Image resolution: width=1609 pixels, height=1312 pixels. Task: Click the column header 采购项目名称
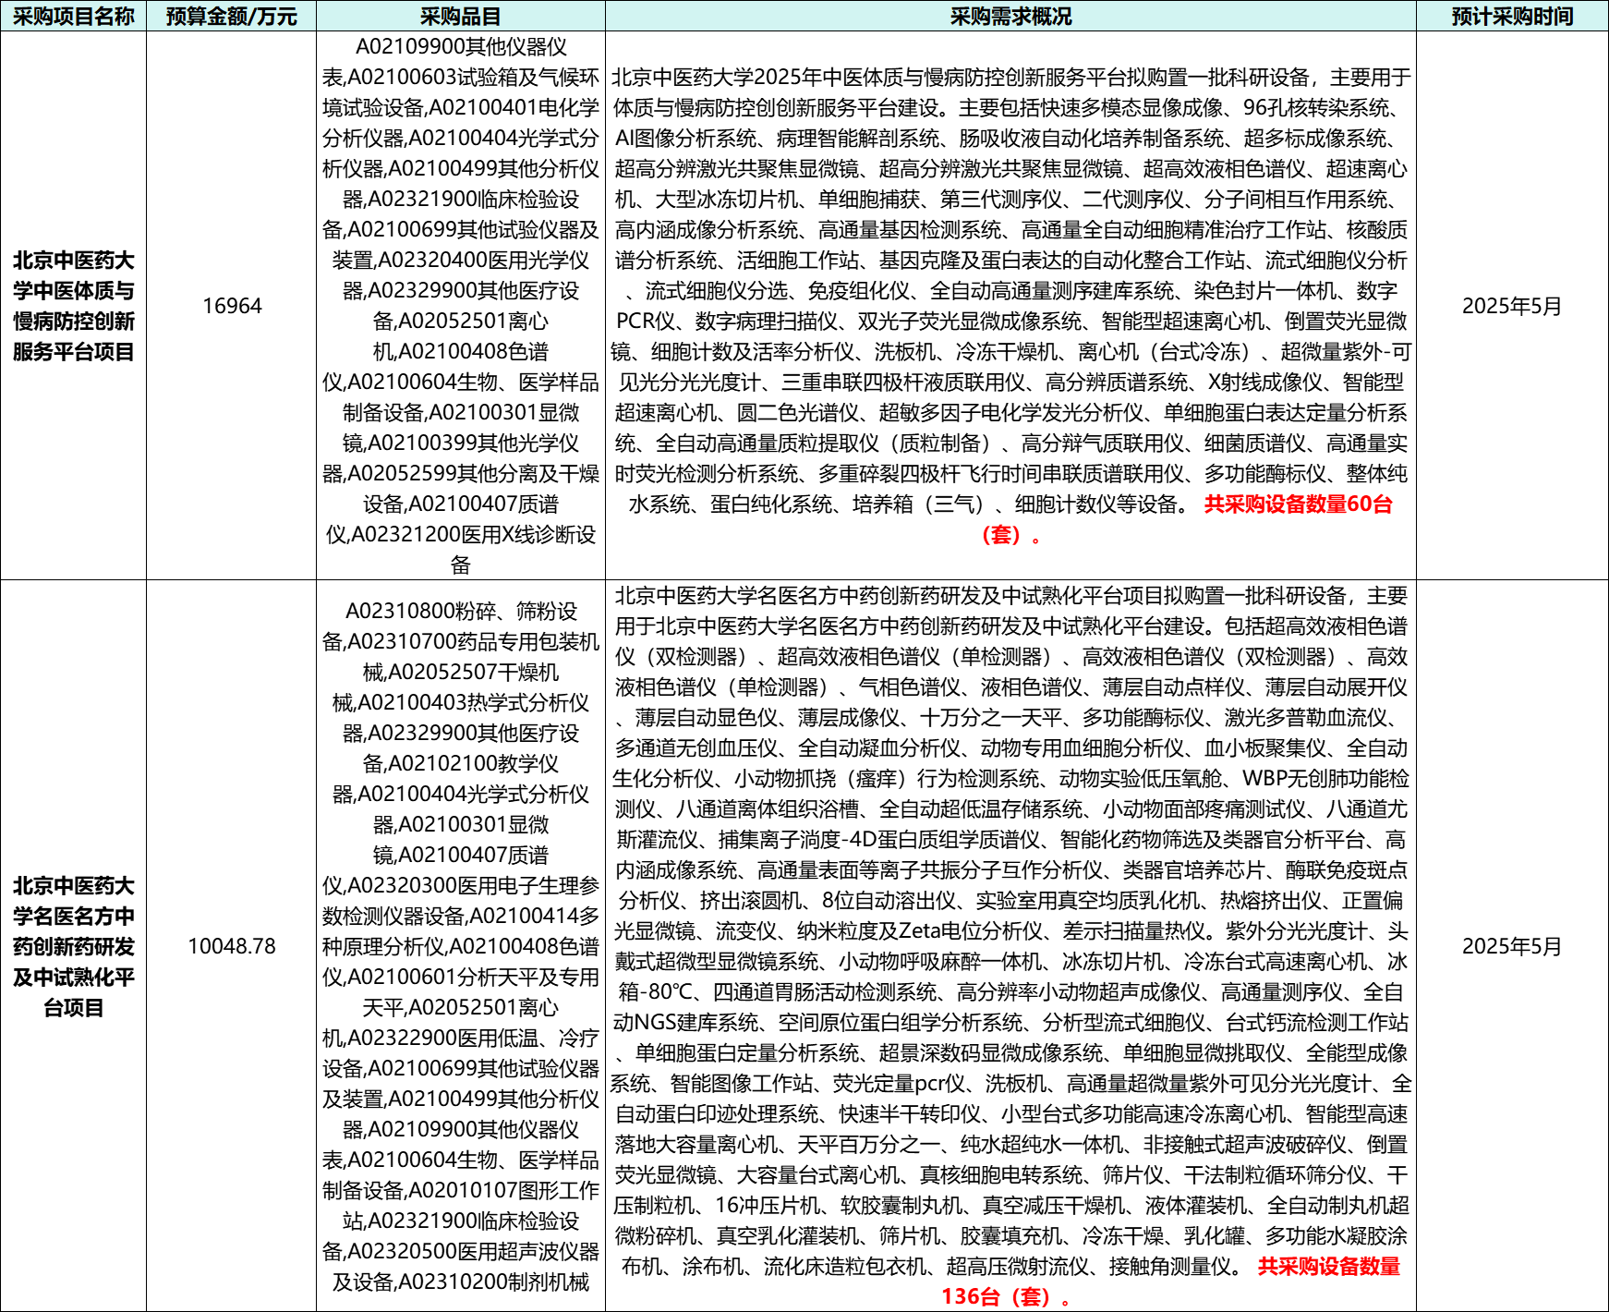(73, 17)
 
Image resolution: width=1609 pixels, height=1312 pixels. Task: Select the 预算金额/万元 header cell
(231, 17)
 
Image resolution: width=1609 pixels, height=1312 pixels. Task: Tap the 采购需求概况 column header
(1010, 17)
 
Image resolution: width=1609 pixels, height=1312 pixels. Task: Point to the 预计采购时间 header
(1512, 17)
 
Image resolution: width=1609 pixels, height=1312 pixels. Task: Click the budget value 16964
(232, 306)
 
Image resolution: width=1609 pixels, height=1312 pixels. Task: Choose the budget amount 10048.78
(232, 946)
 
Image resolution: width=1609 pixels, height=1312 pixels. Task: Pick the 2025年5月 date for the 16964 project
(1512, 306)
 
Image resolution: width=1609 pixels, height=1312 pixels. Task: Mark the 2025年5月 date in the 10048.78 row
(1512, 946)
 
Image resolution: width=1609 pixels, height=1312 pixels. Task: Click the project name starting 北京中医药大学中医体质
(74, 306)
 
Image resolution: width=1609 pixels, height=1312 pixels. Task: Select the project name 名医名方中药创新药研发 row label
(74, 946)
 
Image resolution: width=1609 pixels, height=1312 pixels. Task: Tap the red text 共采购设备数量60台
(1298, 504)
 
